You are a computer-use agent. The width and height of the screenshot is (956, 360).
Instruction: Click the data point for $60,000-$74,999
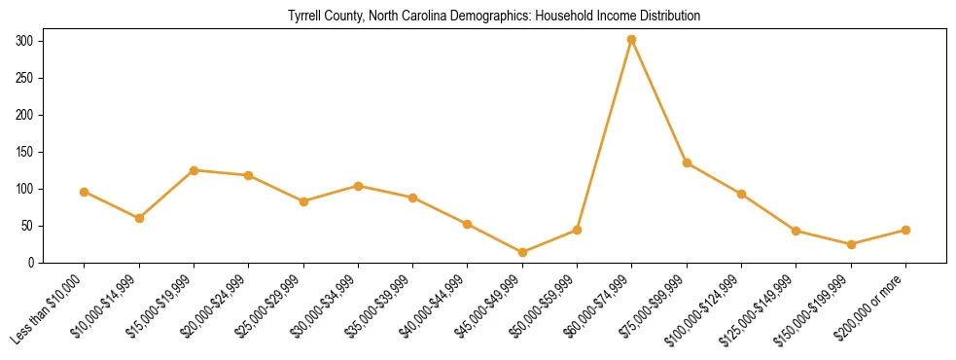(632, 40)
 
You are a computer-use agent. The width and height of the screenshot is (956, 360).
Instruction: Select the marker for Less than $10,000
(85, 192)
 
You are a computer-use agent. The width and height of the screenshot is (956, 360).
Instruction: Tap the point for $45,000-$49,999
(522, 252)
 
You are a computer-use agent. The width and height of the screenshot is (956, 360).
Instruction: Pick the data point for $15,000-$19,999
(195, 170)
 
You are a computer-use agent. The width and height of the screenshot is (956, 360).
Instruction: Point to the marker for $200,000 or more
(905, 230)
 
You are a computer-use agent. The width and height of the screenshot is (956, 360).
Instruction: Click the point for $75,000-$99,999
(687, 162)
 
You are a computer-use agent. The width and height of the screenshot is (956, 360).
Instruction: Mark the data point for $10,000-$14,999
(139, 218)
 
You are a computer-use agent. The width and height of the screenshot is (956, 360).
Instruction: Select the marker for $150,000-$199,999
(851, 244)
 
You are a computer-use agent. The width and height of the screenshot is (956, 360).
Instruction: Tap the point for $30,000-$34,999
(359, 186)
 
